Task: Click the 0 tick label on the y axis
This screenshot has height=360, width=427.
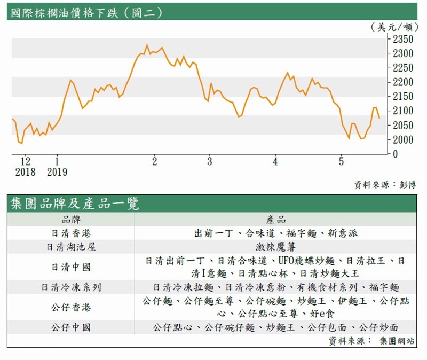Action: [395, 154]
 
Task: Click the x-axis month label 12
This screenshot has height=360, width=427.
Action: [25, 161]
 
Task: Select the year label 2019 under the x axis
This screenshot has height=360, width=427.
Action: [57, 172]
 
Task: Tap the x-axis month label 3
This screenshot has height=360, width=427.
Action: [210, 161]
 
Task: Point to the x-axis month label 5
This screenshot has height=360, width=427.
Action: [342, 161]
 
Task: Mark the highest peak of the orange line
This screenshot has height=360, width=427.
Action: [147, 45]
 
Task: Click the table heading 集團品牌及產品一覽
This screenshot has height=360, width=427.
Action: [75, 204]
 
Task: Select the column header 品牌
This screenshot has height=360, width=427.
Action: [72, 220]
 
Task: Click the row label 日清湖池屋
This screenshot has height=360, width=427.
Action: [72, 247]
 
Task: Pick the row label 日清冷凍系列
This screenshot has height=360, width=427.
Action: [72, 287]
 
